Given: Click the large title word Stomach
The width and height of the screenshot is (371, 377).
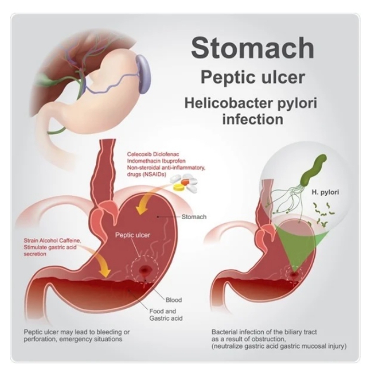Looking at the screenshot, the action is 252,47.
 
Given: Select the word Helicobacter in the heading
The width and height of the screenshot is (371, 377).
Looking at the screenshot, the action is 229,103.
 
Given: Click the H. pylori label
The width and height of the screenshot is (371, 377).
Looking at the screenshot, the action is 325,192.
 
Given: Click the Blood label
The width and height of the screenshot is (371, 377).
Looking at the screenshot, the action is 174,300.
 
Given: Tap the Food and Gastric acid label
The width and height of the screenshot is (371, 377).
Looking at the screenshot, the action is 166,315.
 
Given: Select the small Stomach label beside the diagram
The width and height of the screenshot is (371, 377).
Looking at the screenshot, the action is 193,217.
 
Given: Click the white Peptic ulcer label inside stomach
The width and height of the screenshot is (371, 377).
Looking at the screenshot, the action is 132,235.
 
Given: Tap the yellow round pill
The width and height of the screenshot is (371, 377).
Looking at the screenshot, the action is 180,187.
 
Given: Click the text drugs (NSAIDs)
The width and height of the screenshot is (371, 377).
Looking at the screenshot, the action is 146,174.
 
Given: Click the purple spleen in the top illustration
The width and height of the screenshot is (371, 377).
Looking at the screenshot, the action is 143,74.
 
